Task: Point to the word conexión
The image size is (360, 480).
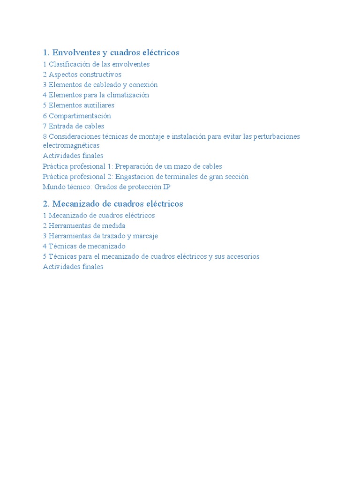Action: click(142, 85)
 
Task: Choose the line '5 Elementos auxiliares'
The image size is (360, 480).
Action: click(78, 105)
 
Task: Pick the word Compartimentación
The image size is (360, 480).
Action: click(80, 116)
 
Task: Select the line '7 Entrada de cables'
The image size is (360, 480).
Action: click(73, 126)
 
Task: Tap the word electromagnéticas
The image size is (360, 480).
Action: click(71, 146)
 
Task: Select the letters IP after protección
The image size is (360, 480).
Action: click(166, 187)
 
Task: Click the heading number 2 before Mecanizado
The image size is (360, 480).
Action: click(46, 204)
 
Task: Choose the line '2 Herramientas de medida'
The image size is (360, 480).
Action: click(84, 225)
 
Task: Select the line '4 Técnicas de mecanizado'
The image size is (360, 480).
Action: click(84, 246)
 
